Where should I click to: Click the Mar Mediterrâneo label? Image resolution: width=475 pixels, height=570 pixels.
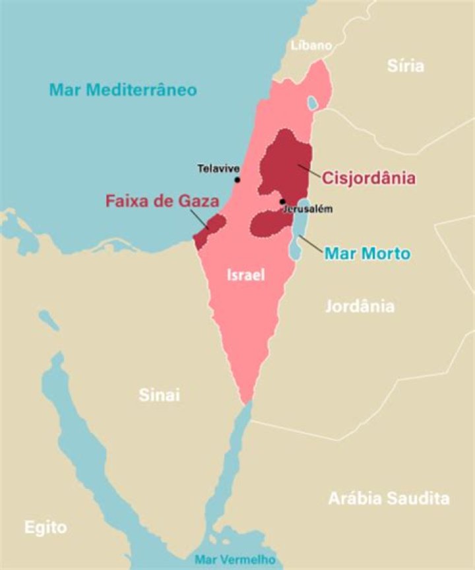123,89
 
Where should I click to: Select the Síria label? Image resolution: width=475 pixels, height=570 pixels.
406,65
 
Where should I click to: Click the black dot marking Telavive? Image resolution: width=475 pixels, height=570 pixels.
237,179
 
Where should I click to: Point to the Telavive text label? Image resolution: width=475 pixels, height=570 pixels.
218,168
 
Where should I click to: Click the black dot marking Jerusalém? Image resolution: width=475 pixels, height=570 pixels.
282,201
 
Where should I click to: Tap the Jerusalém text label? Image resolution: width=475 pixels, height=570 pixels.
307,209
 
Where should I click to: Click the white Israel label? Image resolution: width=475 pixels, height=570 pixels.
245,276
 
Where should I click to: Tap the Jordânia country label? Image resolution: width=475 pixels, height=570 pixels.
360,306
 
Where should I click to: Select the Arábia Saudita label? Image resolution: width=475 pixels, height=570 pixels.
389,498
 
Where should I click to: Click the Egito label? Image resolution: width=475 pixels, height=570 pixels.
46,527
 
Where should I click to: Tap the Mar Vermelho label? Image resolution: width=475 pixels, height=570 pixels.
235,558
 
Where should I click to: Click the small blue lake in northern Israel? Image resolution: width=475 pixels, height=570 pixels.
312,103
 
